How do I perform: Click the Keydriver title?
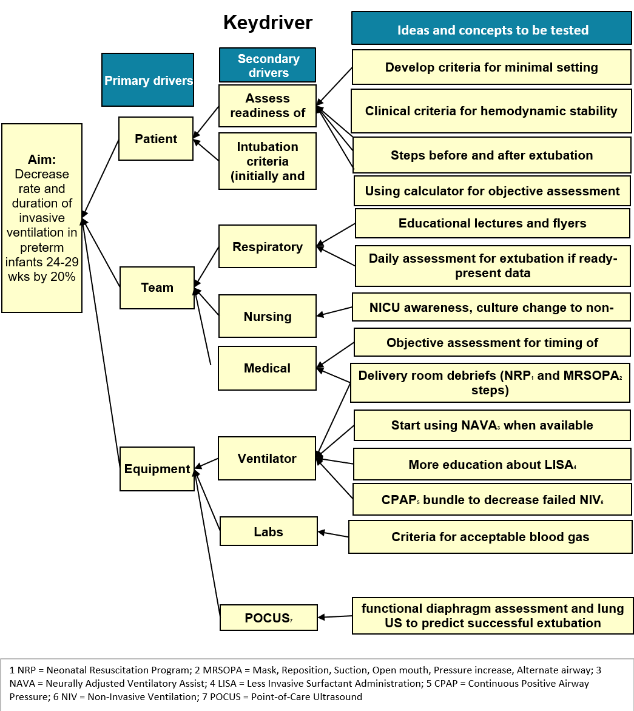(x=268, y=22)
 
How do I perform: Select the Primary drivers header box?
(x=148, y=80)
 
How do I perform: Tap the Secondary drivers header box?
(x=268, y=65)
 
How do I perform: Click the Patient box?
(x=156, y=139)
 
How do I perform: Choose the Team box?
(x=157, y=288)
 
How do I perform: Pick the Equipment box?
(x=157, y=469)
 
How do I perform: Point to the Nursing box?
(x=268, y=316)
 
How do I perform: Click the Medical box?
(x=267, y=368)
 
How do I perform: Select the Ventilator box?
(x=267, y=459)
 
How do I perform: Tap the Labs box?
(x=269, y=531)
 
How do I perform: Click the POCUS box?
(x=269, y=618)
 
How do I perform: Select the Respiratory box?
(x=268, y=246)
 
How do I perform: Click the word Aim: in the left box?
(x=42, y=160)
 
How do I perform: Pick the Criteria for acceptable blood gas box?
(x=491, y=537)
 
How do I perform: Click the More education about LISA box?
(x=492, y=464)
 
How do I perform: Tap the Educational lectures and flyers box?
(x=493, y=223)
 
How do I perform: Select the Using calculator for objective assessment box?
(x=492, y=191)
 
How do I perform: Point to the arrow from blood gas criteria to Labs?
(x=333, y=534)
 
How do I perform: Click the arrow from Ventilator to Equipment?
(x=206, y=463)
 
